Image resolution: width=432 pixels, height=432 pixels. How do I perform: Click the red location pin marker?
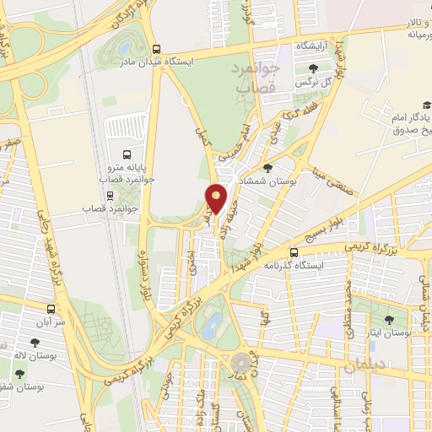(217, 198)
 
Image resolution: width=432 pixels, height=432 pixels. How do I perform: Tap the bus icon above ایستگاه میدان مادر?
(156, 49)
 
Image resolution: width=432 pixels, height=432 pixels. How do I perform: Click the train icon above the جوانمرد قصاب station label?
(126, 193)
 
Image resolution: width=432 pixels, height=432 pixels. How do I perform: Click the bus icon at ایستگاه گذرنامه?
(294, 251)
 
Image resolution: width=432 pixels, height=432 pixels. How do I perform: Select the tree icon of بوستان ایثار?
(389, 320)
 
